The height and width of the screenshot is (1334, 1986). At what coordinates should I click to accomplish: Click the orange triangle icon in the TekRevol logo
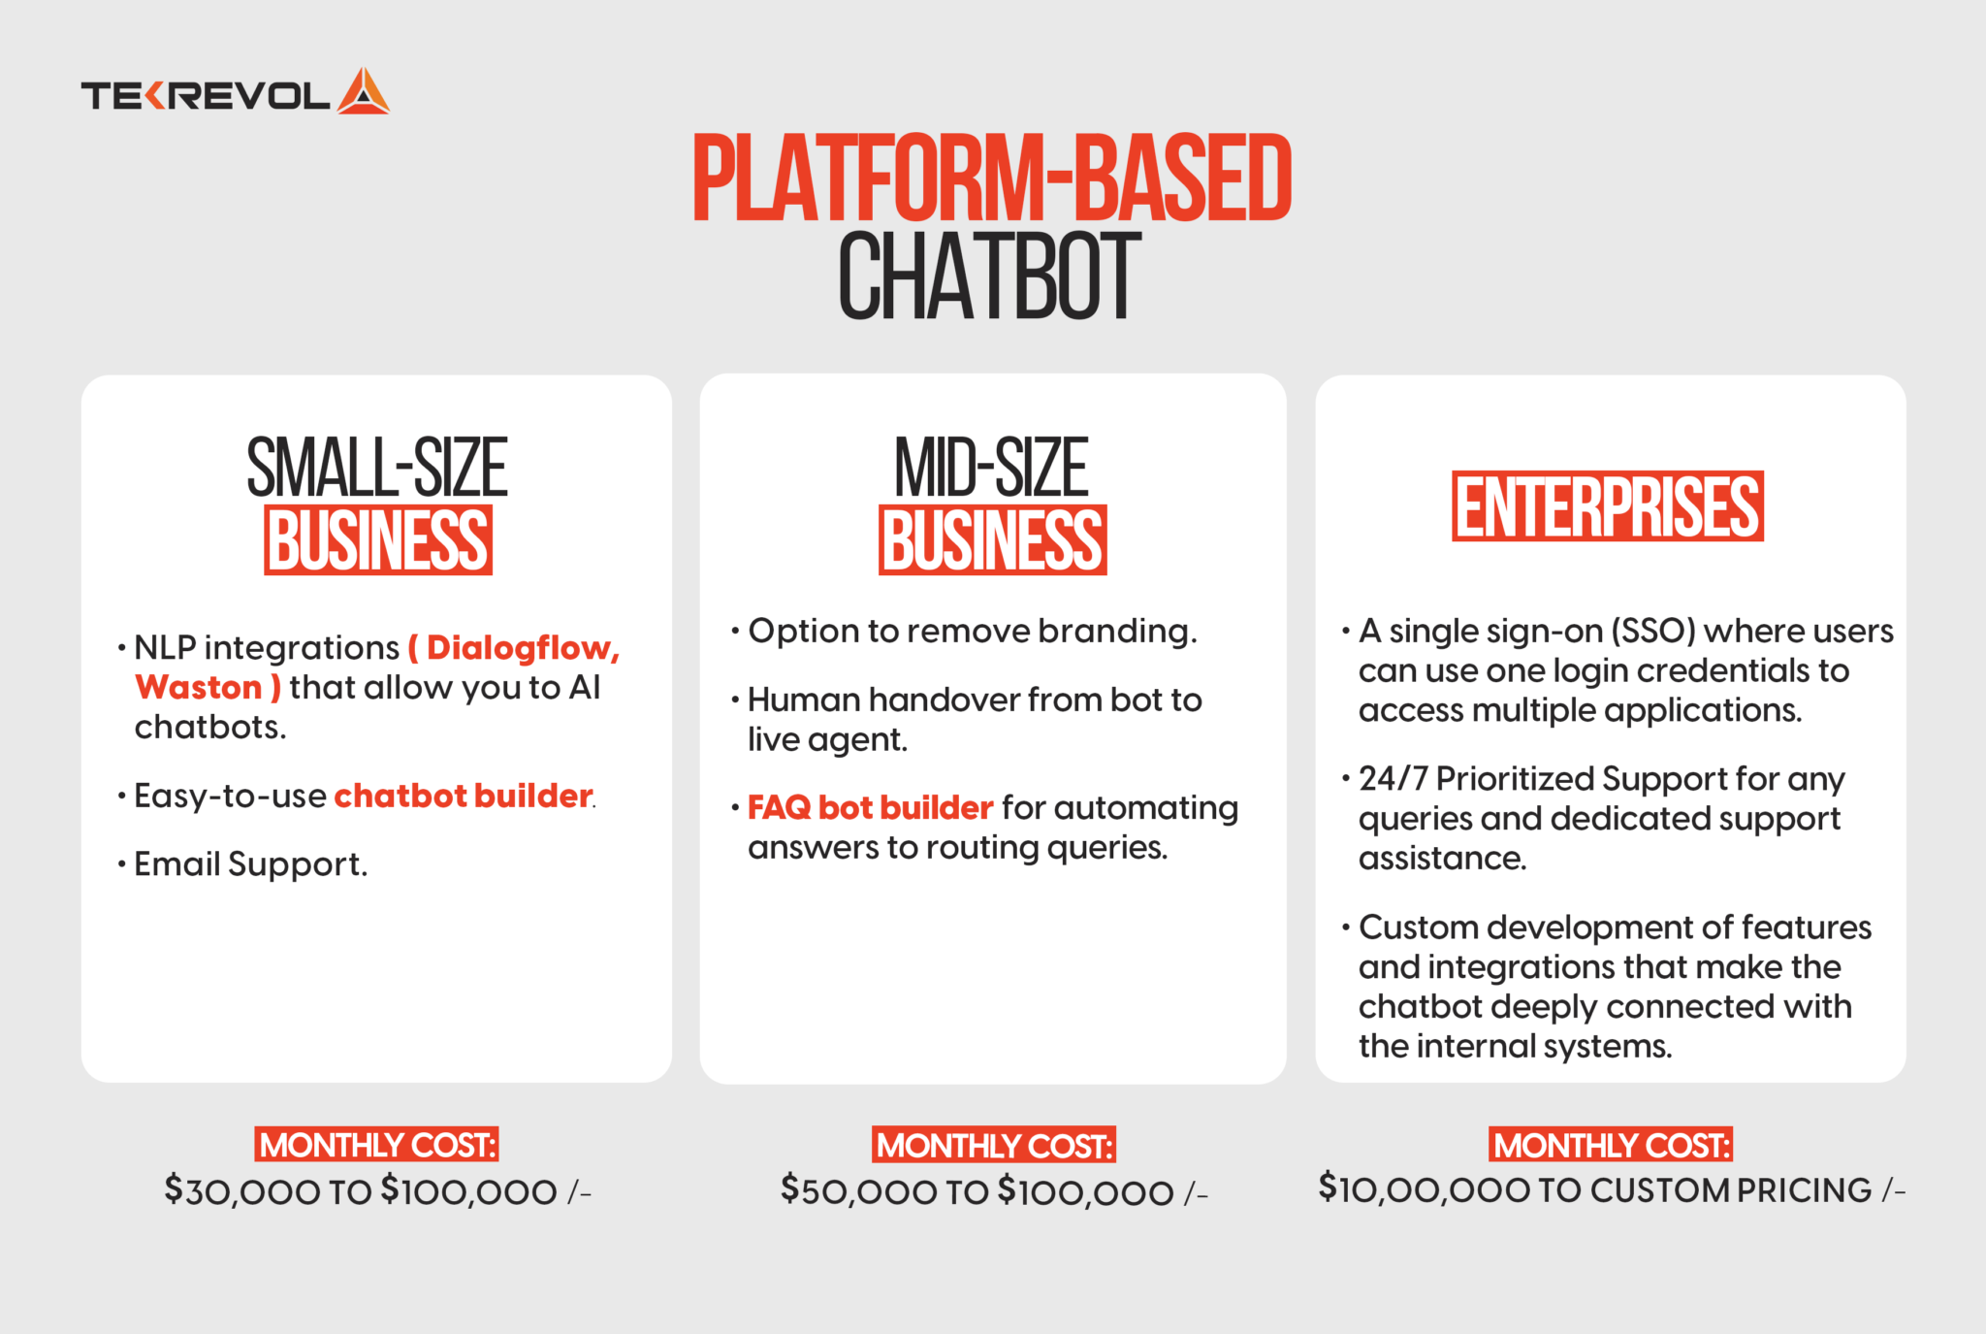click(364, 93)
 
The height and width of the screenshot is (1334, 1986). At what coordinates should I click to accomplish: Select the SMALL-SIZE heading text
click(377, 468)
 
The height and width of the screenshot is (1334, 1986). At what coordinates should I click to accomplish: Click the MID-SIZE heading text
click(991, 468)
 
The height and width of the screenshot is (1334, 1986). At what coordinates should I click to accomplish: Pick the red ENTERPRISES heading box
click(1607, 506)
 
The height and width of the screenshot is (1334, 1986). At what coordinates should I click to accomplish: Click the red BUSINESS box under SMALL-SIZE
click(378, 540)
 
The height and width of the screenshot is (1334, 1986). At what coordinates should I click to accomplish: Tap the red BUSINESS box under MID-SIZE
click(992, 540)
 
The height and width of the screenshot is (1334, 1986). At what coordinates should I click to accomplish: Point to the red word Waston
click(199, 687)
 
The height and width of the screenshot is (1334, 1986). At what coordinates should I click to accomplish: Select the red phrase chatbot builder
click(463, 796)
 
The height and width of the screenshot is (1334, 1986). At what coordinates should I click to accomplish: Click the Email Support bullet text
click(250, 863)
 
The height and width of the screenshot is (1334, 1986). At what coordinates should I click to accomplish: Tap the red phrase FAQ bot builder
click(870, 807)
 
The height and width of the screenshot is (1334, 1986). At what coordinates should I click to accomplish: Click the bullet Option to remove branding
click(972, 631)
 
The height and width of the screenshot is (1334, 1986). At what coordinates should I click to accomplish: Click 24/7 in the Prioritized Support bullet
click(1393, 778)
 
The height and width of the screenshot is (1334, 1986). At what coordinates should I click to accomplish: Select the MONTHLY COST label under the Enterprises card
click(1611, 1145)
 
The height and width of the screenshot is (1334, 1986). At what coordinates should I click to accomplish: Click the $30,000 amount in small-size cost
click(241, 1190)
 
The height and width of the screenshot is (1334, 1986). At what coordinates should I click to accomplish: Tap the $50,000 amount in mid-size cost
click(858, 1190)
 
